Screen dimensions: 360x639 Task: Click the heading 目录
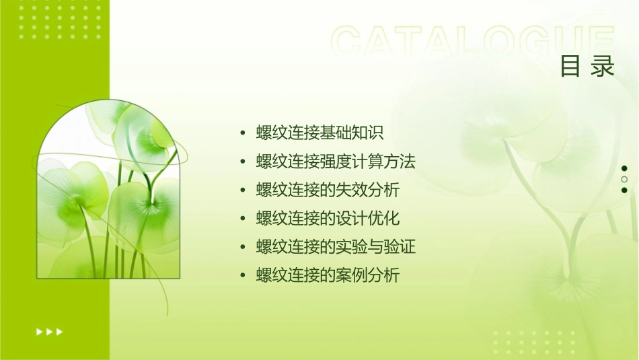click(x=587, y=67)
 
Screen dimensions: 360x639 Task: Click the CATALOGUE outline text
click(x=472, y=42)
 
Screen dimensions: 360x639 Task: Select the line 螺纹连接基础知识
click(x=320, y=133)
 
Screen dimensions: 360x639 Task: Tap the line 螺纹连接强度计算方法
click(x=336, y=161)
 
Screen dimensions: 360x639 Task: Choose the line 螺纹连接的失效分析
click(x=328, y=190)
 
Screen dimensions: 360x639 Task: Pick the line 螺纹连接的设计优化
click(x=328, y=218)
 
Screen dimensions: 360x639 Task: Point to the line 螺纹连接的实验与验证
click(x=336, y=247)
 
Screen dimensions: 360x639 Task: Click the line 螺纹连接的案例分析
click(x=328, y=275)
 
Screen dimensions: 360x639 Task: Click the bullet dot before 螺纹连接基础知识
click(x=243, y=133)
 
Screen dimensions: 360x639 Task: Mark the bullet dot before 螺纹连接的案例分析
click(x=243, y=276)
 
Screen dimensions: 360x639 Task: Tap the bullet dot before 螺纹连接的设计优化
click(x=243, y=219)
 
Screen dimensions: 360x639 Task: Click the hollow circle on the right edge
click(x=624, y=179)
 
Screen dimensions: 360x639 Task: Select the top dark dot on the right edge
click(x=624, y=168)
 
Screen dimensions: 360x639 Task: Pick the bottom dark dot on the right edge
click(x=624, y=190)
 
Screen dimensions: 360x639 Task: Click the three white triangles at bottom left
click(x=49, y=331)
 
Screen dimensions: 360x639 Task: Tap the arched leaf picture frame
click(x=108, y=190)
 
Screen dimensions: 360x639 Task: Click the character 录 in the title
click(x=603, y=67)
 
